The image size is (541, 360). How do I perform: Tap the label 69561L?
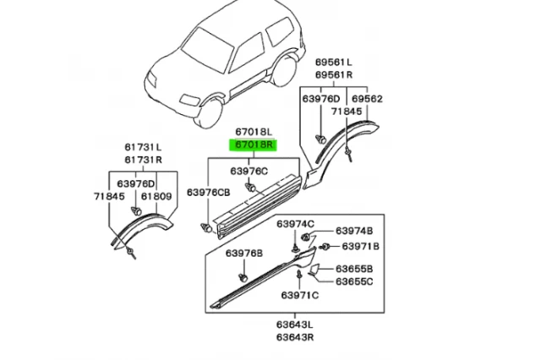coord(335,63)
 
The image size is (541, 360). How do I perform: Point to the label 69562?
coord(366,99)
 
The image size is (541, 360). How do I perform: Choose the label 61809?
coord(157,197)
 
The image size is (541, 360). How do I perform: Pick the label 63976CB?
coord(208,194)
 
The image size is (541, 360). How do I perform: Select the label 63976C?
coord(250,172)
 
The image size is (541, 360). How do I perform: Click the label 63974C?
coord(296,223)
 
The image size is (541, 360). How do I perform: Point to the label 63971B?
coord(361,246)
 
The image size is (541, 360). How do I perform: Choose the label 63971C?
coord(300,295)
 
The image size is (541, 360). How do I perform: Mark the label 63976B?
coord(243,254)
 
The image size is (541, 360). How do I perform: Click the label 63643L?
coord(296,324)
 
